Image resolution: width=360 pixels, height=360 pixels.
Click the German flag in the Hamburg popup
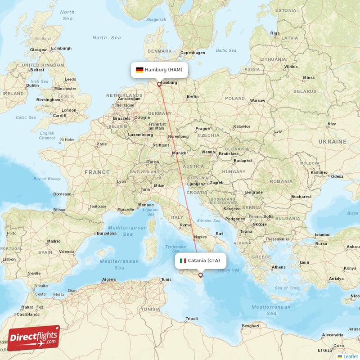(x=139, y=70)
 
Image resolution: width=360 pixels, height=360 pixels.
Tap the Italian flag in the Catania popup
(x=183, y=261)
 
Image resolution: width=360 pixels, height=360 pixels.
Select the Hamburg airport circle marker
(x=159, y=84)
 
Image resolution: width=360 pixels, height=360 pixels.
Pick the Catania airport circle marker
(x=201, y=275)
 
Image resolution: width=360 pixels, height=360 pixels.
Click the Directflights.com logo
(x=34, y=338)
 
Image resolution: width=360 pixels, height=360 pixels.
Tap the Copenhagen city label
(x=193, y=53)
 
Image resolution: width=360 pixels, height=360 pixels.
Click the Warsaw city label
(x=257, y=100)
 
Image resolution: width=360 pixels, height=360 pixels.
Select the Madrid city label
(x=54, y=241)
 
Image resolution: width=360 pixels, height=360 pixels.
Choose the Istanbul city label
(x=322, y=235)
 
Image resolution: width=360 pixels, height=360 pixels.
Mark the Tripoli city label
(x=192, y=319)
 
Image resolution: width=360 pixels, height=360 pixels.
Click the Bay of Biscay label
(x=47, y=179)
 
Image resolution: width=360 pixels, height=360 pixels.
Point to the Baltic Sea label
(x=226, y=50)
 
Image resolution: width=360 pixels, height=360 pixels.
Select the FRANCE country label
(x=97, y=172)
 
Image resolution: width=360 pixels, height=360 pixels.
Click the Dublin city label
(x=32, y=85)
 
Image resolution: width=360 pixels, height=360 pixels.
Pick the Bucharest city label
(x=301, y=197)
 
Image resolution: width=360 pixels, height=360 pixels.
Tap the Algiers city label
(x=109, y=279)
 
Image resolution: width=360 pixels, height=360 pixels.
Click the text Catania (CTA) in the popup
(x=204, y=261)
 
